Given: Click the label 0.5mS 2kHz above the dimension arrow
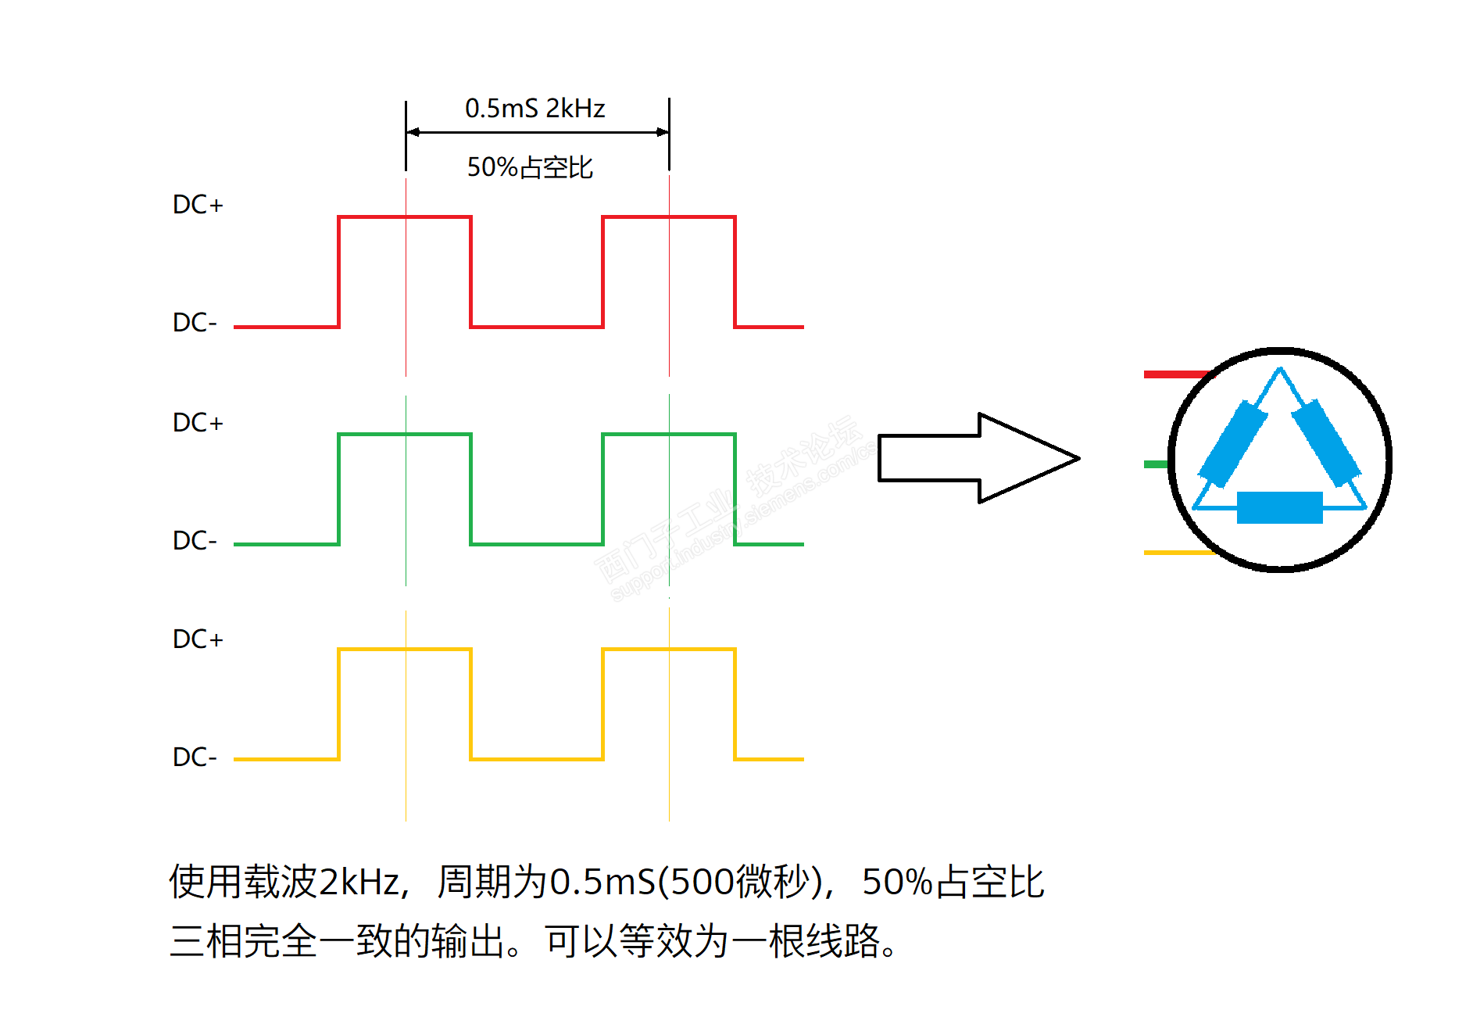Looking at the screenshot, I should (534, 108).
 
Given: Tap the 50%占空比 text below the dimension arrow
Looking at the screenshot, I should (530, 167).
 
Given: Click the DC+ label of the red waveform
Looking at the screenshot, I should (198, 205).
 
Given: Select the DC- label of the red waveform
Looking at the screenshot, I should (195, 322).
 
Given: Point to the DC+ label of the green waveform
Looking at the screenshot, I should (198, 422).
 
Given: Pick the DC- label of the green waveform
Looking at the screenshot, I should (195, 540).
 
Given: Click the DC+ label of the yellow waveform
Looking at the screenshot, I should (198, 639).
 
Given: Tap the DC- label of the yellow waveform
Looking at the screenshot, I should (195, 757).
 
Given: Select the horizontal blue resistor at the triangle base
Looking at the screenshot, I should (1279, 507).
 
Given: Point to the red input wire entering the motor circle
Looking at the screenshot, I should (1175, 374).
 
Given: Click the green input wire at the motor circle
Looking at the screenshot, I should (1156, 464).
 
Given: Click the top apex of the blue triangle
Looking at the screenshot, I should (1279, 370).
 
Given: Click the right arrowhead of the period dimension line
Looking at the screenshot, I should (663, 132).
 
